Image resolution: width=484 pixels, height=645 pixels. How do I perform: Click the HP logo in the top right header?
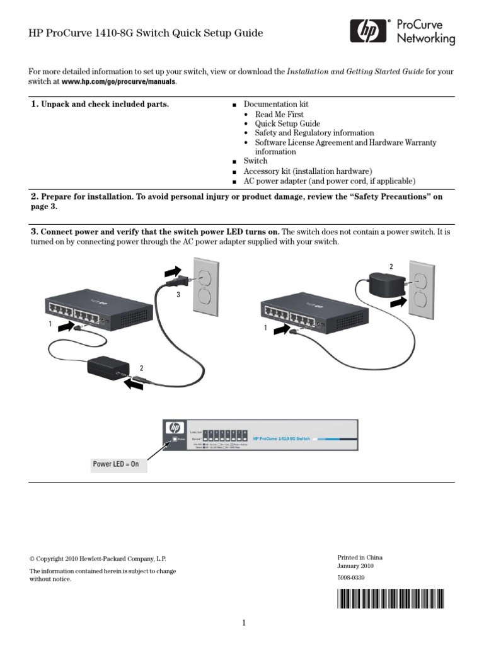[x=364, y=31]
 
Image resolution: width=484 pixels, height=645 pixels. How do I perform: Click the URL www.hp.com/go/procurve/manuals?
[x=119, y=82]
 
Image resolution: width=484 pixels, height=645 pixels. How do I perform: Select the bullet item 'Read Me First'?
[x=279, y=115]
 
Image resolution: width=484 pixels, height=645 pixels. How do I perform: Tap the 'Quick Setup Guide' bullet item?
[x=287, y=124]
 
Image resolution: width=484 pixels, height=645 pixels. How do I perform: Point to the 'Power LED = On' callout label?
[x=115, y=465]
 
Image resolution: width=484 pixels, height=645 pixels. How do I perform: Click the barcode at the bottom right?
[x=390, y=598]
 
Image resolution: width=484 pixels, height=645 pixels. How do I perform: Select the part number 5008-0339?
[x=352, y=577]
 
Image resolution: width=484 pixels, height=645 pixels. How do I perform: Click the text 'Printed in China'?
[x=360, y=557]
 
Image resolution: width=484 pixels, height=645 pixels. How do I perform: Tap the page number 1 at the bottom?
[x=243, y=624]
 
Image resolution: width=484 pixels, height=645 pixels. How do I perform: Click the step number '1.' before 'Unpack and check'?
[x=35, y=104]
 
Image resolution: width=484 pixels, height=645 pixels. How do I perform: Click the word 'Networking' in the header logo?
[x=425, y=38]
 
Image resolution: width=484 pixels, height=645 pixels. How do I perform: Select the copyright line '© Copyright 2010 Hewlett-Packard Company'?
[x=98, y=559]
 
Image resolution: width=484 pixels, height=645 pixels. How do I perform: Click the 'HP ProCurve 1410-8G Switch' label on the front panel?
[x=281, y=438]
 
